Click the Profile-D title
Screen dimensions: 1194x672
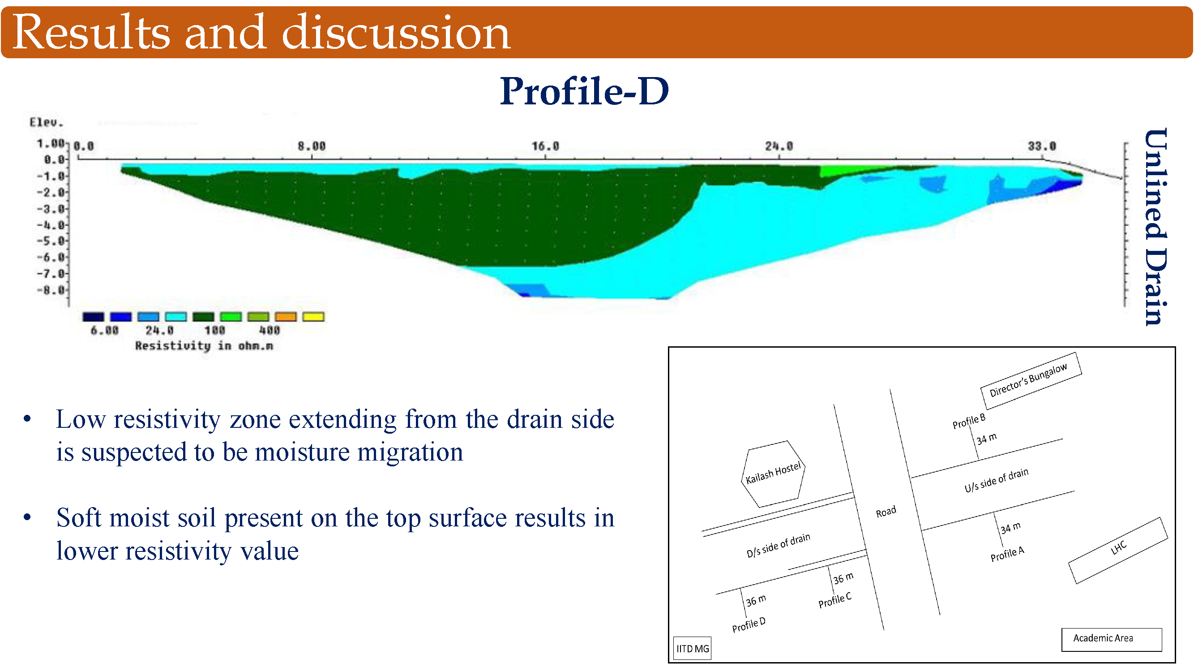coord(585,91)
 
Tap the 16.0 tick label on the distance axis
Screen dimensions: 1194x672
coord(545,146)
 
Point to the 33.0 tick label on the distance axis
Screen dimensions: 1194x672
coord(1042,146)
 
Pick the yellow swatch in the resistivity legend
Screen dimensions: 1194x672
coord(313,317)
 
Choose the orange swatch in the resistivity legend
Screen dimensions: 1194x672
coord(286,317)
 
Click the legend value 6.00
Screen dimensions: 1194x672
coord(104,330)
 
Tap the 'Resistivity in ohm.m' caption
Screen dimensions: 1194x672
coord(204,346)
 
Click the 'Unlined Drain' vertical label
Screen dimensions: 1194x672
coord(1156,227)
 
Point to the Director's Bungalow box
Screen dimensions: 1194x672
coord(1031,381)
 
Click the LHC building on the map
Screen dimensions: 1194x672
coord(1118,551)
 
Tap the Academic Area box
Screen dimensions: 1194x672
coord(1112,640)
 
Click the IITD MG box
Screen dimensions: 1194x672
coord(692,648)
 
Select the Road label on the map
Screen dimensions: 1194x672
coord(886,512)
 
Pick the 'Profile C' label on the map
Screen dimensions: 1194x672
coord(835,600)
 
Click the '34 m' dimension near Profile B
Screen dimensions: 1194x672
coord(986,439)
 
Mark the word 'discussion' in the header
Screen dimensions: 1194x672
coord(396,32)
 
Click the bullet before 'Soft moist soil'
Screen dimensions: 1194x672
coord(27,517)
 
